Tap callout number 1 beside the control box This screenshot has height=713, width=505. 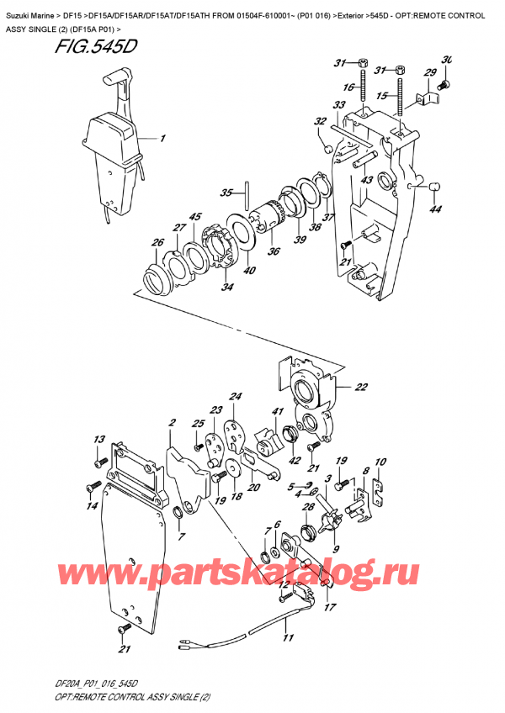tap(163, 138)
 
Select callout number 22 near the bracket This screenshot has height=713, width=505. tap(361, 387)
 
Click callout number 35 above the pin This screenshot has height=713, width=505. tap(225, 193)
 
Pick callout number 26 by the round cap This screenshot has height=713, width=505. tap(157, 244)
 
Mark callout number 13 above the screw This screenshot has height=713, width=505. tap(98, 439)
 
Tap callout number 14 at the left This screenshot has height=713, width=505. tap(91, 505)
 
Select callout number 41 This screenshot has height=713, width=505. tap(274, 411)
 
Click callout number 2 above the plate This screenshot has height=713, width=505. tap(172, 422)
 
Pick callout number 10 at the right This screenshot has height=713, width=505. tap(380, 462)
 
